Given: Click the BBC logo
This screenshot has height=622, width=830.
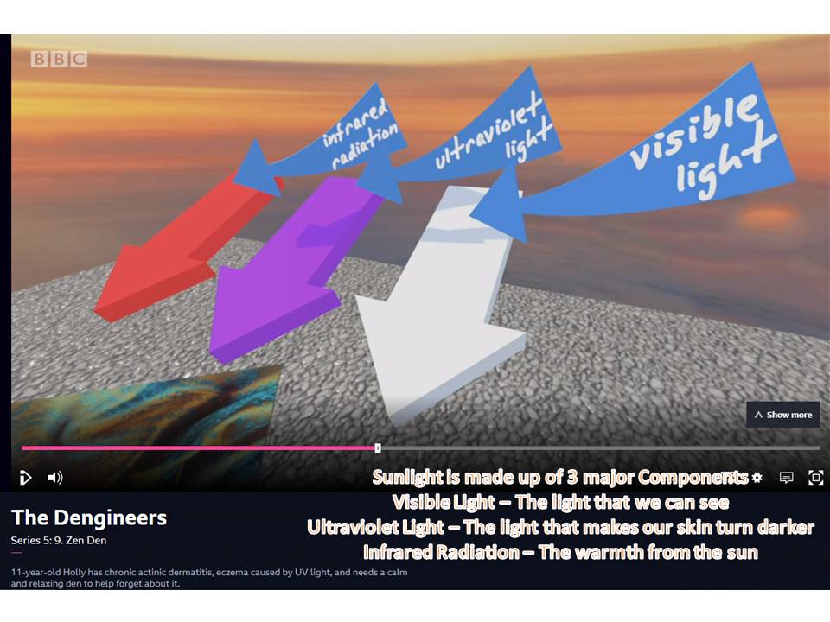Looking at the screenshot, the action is (x=59, y=59).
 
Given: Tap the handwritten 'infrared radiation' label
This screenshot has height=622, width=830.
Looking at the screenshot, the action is (x=360, y=135).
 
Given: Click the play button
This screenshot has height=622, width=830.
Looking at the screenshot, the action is (x=25, y=478).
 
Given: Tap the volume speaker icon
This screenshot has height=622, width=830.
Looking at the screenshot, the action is (x=55, y=478).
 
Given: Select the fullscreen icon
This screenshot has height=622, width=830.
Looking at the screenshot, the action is (x=815, y=478).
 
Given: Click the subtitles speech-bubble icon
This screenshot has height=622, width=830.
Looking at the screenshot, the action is (x=787, y=478).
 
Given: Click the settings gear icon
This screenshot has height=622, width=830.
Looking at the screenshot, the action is (x=757, y=478).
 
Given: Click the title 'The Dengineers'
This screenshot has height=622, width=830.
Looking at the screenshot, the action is (x=89, y=517).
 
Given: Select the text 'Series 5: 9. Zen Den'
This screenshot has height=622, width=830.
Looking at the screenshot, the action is (x=59, y=541).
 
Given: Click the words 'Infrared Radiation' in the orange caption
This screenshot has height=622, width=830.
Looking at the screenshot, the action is (x=442, y=552).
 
